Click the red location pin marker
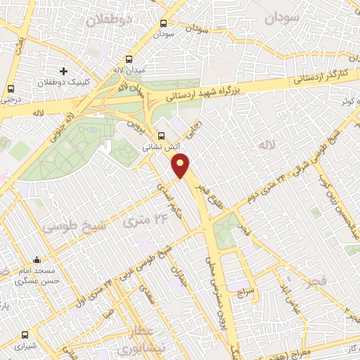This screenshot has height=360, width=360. click(181, 165)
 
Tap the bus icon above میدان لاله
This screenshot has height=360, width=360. click(128, 60)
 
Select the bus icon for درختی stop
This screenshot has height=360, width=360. click(10, 89)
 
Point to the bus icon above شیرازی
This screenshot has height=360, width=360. click(26, 335)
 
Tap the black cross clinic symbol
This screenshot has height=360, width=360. click(64, 71)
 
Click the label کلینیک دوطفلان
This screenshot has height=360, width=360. click(65, 82)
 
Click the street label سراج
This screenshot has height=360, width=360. click(243, 290)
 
